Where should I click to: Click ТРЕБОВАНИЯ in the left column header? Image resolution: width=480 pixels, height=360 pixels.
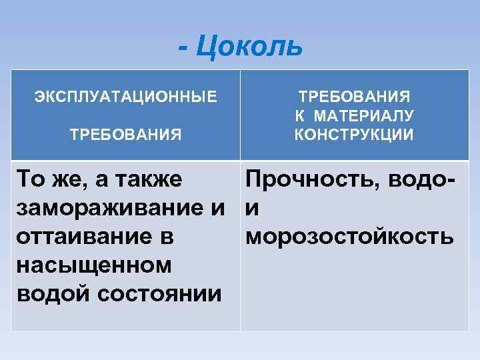pyautogui.click(x=126, y=135)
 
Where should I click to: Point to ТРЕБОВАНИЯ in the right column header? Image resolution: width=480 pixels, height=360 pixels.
pyautogui.click(x=354, y=96)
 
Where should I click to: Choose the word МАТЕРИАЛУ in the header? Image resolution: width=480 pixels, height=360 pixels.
pyautogui.click(x=364, y=115)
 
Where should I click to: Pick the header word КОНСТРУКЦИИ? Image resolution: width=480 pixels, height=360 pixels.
pyautogui.click(x=354, y=135)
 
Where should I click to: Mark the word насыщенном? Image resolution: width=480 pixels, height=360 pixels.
pyautogui.click(x=83, y=265)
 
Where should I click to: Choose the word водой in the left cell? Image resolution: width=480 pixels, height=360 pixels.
pyautogui.click(x=49, y=293)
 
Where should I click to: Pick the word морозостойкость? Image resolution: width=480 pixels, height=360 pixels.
pyautogui.click(x=350, y=237)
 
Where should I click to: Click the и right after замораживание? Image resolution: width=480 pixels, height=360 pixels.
pyautogui.click(x=217, y=208)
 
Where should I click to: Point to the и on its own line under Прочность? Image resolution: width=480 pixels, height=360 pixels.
pyautogui.click(x=253, y=208)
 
